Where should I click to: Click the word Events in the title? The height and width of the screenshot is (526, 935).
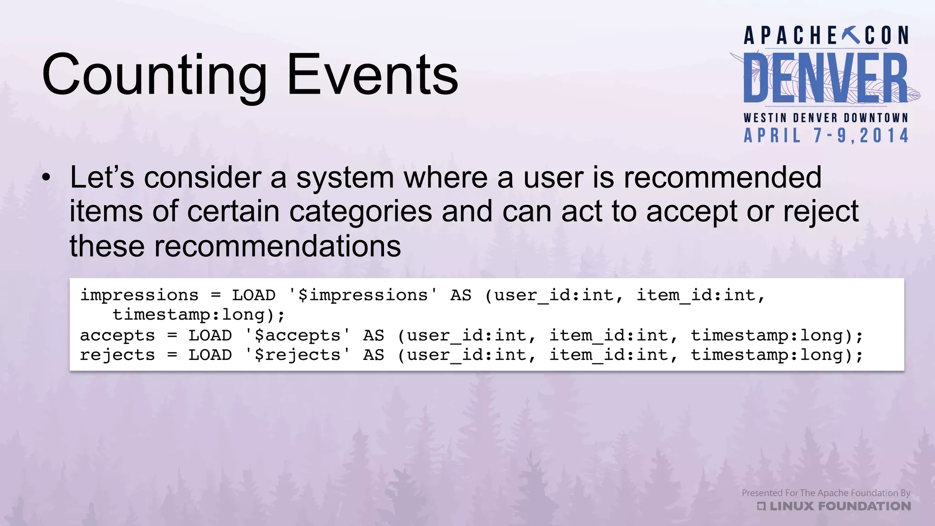click(372, 75)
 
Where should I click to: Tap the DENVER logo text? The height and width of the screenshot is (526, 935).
click(825, 79)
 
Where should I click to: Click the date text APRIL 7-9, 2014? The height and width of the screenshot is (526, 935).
click(826, 136)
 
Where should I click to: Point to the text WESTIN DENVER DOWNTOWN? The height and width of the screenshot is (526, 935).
click(826, 118)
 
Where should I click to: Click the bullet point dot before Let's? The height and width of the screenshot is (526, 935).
click(46, 178)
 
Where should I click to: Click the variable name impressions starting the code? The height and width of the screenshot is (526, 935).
click(139, 295)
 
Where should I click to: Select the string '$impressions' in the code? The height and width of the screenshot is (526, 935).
click(362, 295)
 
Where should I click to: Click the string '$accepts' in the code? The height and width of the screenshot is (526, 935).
click(297, 335)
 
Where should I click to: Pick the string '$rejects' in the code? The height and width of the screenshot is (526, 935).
click(297, 355)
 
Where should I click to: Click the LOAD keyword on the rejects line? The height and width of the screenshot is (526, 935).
click(210, 355)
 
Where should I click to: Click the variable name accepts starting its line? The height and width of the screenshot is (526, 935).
click(117, 335)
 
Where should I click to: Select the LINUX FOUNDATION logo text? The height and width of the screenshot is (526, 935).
click(834, 506)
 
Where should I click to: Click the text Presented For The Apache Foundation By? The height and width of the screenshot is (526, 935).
click(826, 493)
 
